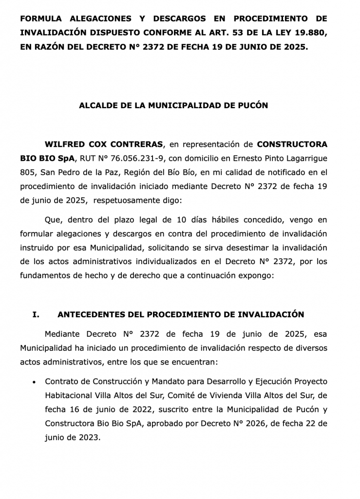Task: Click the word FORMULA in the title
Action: coord(42,19)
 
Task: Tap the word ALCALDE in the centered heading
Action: coord(97,105)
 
